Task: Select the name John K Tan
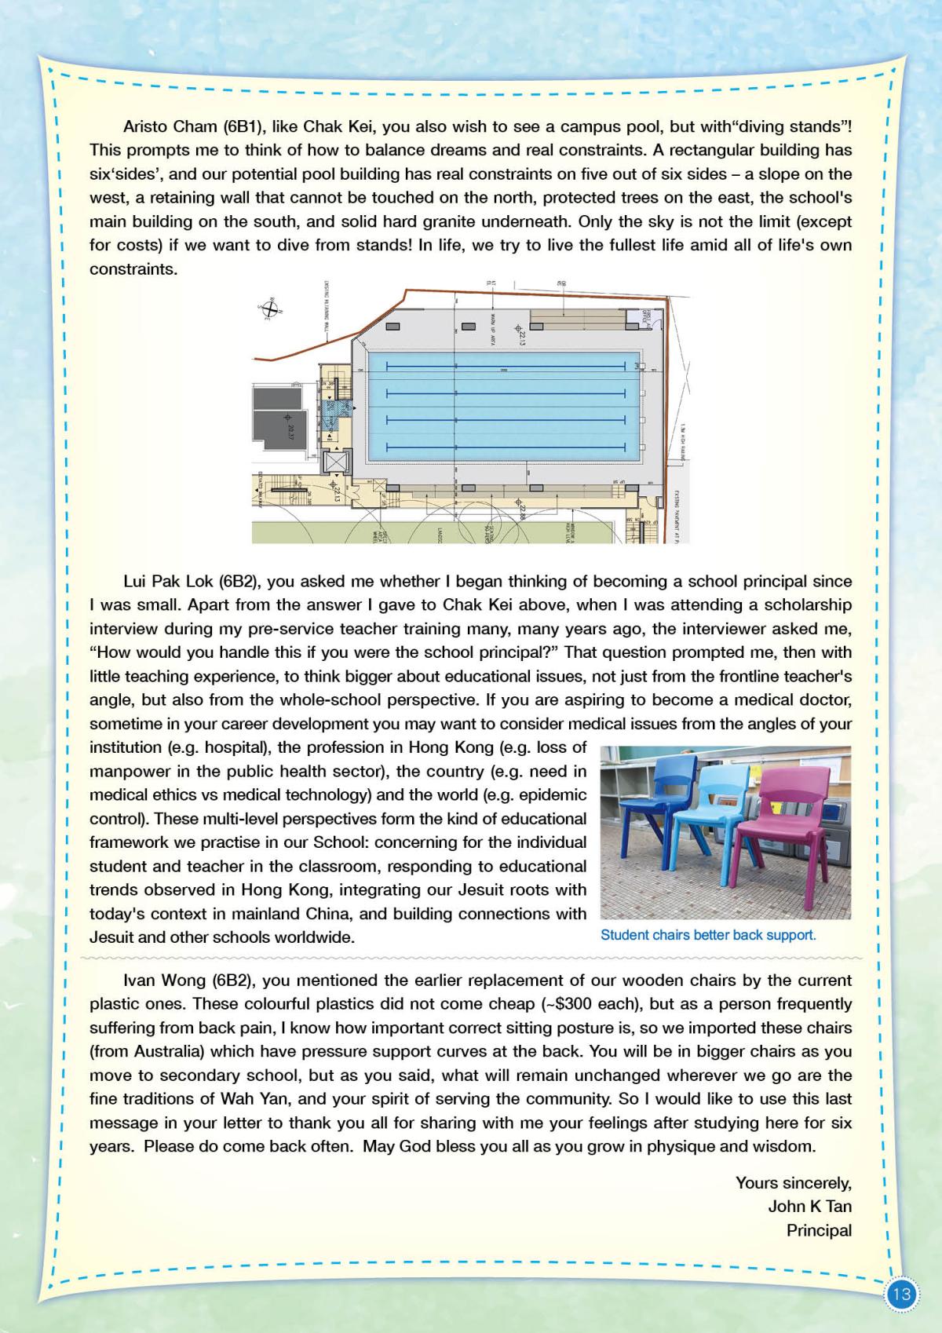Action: [x=809, y=1207]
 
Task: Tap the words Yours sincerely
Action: [x=793, y=1182]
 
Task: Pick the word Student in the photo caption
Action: [x=623, y=935]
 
